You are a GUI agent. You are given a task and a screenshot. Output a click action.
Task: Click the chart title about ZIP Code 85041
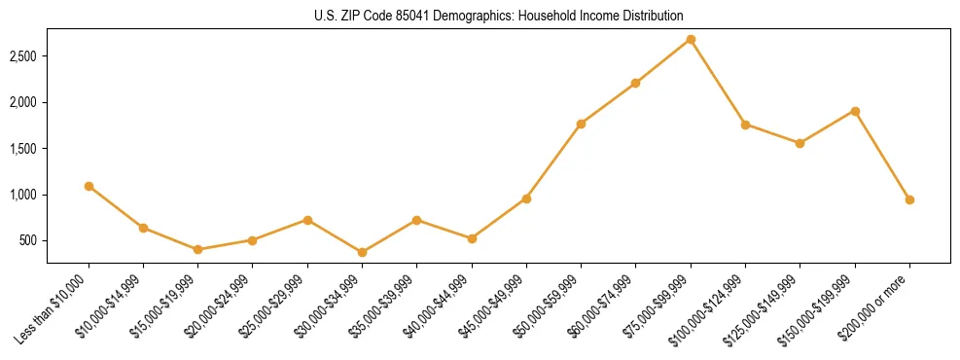point(480,17)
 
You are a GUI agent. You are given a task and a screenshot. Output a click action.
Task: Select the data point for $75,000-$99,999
point(691,40)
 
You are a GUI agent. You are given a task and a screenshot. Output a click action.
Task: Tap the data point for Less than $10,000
point(89,186)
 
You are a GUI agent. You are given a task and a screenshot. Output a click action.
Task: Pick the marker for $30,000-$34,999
point(362,252)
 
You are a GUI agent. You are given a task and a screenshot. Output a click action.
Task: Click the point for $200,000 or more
point(909,199)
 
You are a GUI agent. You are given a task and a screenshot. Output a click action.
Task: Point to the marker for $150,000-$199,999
point(855,111)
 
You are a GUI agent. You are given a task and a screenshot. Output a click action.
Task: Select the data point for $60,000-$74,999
point(635,83)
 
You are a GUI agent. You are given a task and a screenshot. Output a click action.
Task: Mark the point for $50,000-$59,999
point(581,124)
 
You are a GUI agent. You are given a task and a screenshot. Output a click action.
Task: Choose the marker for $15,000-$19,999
point(198,249)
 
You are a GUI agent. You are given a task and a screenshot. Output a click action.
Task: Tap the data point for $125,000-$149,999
point(800,143)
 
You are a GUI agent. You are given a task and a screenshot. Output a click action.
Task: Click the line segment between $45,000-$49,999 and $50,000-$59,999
point(553,162)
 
